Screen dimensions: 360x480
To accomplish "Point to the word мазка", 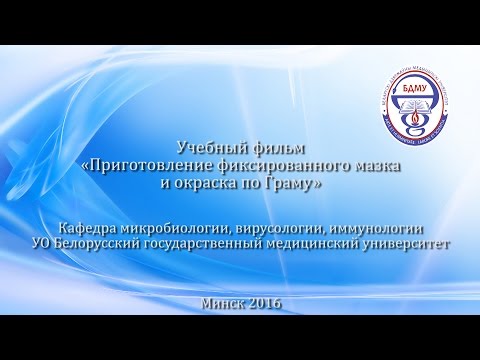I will pyautogui.click(x=375, y=166).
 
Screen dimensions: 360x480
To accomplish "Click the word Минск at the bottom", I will pyautogui.click(x=221, y=302).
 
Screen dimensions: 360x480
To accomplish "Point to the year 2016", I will pyautogui.click(x=263, y=302).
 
